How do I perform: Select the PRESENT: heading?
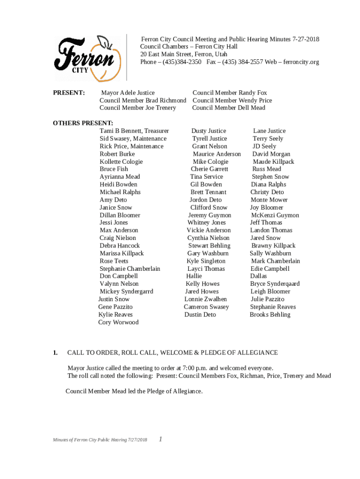click(69, 93)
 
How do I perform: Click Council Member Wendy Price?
click(232, 101)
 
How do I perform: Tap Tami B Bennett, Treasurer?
click(134, 131)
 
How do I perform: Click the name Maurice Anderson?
click(216, 154)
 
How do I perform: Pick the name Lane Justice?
click(269, 131)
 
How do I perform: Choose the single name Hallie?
click(194, 276)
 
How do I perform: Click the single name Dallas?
click(259, 276)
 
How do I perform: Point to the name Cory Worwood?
click(118, 322)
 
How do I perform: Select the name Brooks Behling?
click(270, 315)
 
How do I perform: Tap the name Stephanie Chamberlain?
click(130, 269)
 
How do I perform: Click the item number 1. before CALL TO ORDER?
click(55, 353)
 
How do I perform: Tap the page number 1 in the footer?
click(160, 439)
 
